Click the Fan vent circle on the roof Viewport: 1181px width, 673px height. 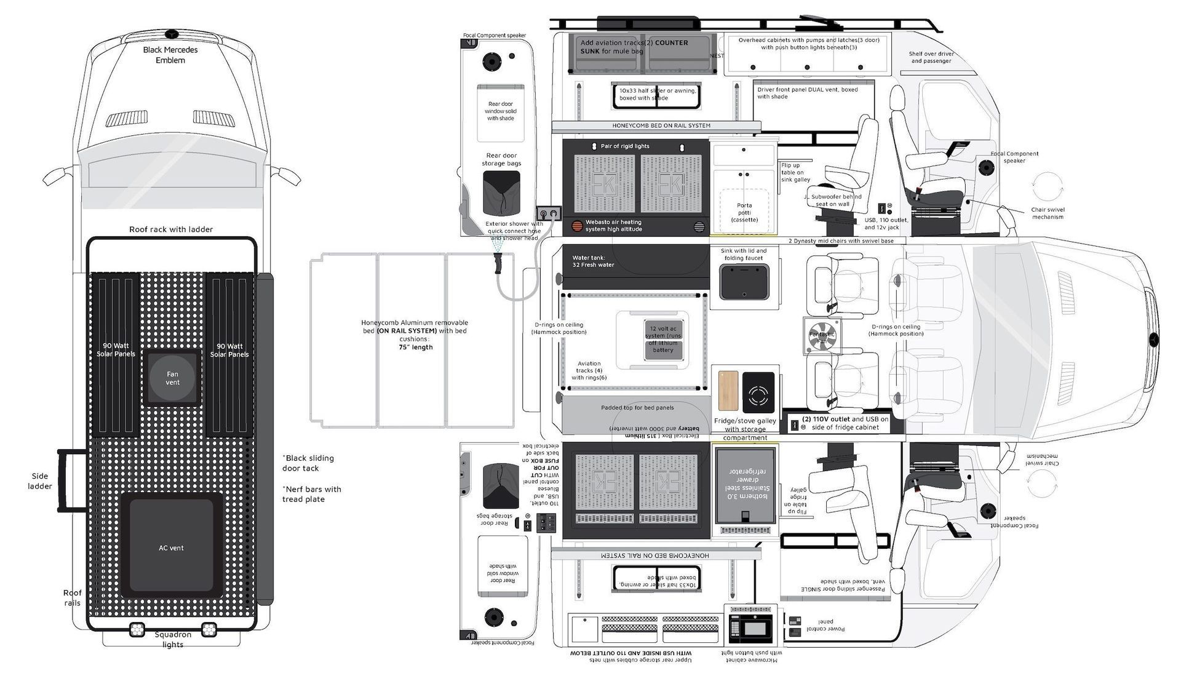[172, 378]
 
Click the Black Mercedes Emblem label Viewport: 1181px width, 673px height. [170, 55]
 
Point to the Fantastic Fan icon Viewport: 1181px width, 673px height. [822, 336]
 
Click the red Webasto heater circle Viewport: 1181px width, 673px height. [577, 226]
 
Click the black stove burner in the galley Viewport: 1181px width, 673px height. [758, 392]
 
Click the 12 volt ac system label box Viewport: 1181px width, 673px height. [663, 339]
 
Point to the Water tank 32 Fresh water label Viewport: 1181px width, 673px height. [593, 261]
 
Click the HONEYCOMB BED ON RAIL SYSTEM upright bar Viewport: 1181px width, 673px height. [656, 126]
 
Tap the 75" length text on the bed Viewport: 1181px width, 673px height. [415, 347]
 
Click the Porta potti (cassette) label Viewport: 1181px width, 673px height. [744, 212]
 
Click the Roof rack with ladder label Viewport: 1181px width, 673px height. [171, 229]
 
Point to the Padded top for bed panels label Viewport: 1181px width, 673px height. [637, 408]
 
